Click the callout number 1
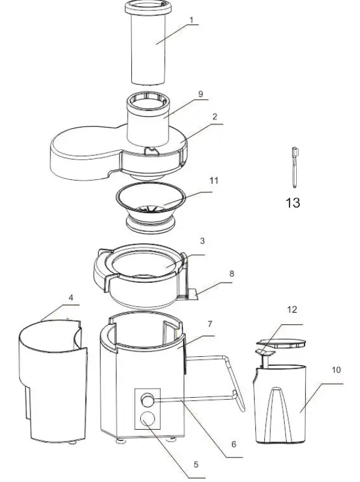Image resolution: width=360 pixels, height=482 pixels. pos(191,20)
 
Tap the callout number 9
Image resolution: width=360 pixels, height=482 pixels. pos(200,94)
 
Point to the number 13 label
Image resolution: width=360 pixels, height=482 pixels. pos(292,203)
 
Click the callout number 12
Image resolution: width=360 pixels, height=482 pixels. pos(292,310)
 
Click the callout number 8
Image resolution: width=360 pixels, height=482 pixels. pos(231,273)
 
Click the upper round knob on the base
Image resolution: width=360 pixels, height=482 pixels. pos(147,398)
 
